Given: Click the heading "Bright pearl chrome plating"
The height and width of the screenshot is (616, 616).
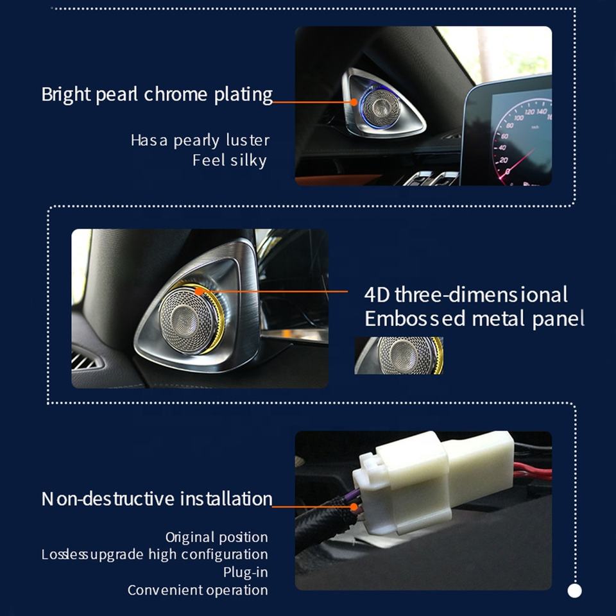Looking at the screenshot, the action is point(157,95).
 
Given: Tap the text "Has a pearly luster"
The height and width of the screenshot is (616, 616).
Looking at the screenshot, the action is point(200,141).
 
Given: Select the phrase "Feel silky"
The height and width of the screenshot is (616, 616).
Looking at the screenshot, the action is point(230,160).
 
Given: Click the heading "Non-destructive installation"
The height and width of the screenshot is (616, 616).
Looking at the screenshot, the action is point(157,499).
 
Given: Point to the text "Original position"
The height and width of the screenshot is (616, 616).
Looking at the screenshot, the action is point(216,537).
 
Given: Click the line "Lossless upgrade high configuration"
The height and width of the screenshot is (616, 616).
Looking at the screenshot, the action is point(155,554).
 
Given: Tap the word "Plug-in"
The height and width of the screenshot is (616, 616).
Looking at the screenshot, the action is point(246,572).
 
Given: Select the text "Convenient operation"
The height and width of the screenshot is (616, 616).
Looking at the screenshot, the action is point(198,590).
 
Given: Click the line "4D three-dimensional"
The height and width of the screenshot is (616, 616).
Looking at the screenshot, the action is point(466,295).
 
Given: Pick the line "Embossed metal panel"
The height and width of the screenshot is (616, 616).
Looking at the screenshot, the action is point(474,319).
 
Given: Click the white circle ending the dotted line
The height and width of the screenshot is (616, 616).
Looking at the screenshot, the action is point(575,590).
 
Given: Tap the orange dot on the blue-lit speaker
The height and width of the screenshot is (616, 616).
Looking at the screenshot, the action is point(354,102).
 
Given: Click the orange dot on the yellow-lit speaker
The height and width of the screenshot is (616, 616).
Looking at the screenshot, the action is point(199,291).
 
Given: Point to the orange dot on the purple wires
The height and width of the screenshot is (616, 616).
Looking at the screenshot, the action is point(354,507).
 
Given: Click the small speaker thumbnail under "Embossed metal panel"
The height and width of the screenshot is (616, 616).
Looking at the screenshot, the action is point(398,355).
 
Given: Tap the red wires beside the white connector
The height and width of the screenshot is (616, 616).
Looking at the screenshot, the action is point(533,470).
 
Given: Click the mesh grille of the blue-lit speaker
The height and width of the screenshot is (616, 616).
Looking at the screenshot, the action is point(381,107).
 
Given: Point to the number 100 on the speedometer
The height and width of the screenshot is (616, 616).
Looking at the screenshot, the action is point(518,117).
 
